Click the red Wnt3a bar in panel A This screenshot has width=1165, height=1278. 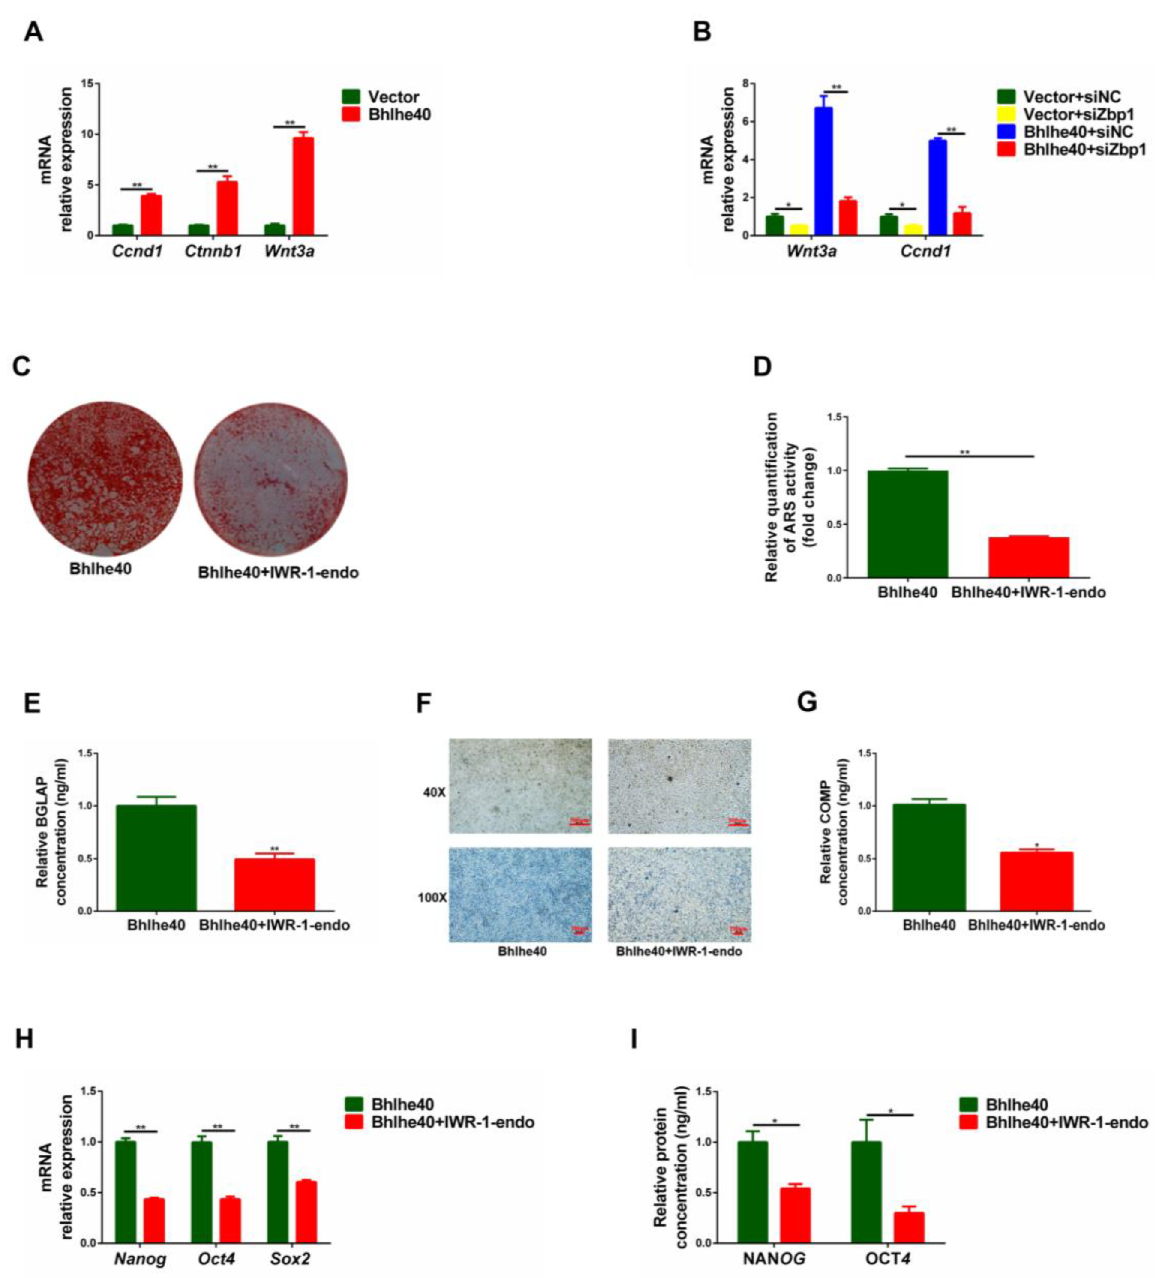(x=303, y=186)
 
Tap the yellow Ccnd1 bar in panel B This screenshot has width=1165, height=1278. (x=913, y=229)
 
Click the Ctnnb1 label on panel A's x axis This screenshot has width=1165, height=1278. (x=213, y=252)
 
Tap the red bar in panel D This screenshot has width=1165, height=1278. (x=1028, y=557)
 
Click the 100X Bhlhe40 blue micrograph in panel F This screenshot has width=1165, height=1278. (x=520, y=894)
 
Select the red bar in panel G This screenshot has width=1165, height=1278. (x=1036, y=881)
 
